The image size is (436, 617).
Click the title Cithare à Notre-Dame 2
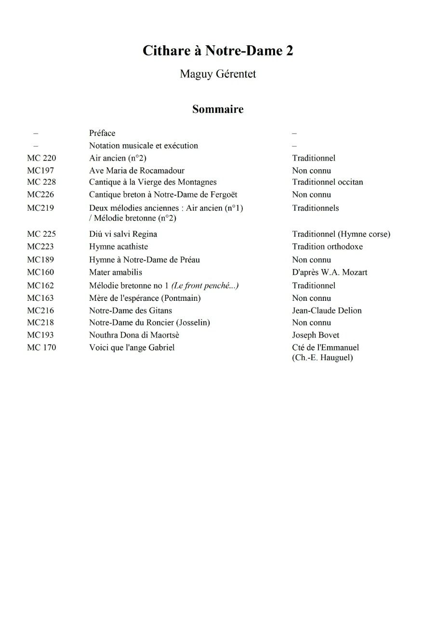coord(218,51)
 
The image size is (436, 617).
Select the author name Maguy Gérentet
coord(218,74)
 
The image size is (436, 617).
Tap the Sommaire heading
coord(218,109)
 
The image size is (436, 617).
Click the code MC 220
coord(41,158)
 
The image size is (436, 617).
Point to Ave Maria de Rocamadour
coord(137,171)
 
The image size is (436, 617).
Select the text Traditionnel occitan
coord(328,182)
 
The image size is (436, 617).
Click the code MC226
coord(40,195)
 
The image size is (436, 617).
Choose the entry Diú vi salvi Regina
coord(123,234)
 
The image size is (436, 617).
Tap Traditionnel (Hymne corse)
coord(341,234)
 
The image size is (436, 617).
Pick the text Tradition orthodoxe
coord(328,247)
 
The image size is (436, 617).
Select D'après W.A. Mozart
coord(330,272)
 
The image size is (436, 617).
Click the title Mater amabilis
coord(116,272)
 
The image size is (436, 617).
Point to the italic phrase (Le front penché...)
coord(205,285)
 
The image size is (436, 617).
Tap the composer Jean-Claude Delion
coord(327,310)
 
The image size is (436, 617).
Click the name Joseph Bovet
coord(316,335)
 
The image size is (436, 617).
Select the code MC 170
coord(41,348)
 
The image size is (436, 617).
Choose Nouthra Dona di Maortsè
coord(134,335)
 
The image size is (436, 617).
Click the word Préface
coord(102,133)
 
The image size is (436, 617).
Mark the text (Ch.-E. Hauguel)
coord(322,358)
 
